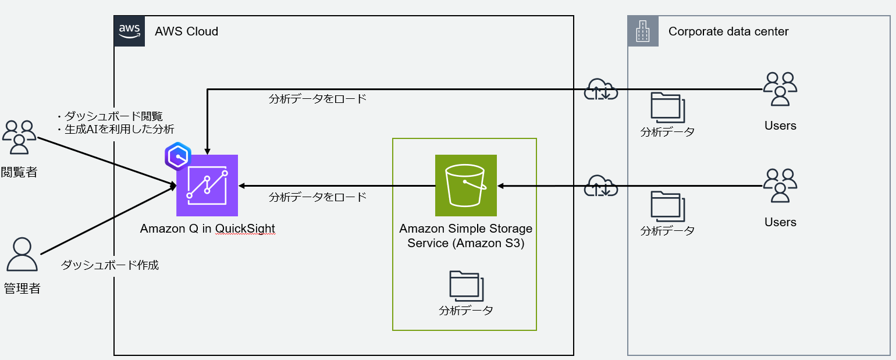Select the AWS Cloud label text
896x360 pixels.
(x=186, y=31)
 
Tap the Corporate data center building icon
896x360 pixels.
(x=643, y=31)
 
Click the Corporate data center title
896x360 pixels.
(x=728, y=31)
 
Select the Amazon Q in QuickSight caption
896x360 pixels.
(x=207, y=229)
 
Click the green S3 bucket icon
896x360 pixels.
(x=465, y=186)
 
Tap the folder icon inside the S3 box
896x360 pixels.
(x=466, y=286)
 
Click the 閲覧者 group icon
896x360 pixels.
(x=19, y=137)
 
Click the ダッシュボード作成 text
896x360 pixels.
(x=110, y=265)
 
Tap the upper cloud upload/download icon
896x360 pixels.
(x=600, y=90)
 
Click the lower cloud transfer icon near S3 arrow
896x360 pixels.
(x=600, y=186)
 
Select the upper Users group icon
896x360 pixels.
(x=780, y=89)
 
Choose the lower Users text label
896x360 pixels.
(x=780, y=222)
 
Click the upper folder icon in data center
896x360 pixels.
(x=667, y=107)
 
